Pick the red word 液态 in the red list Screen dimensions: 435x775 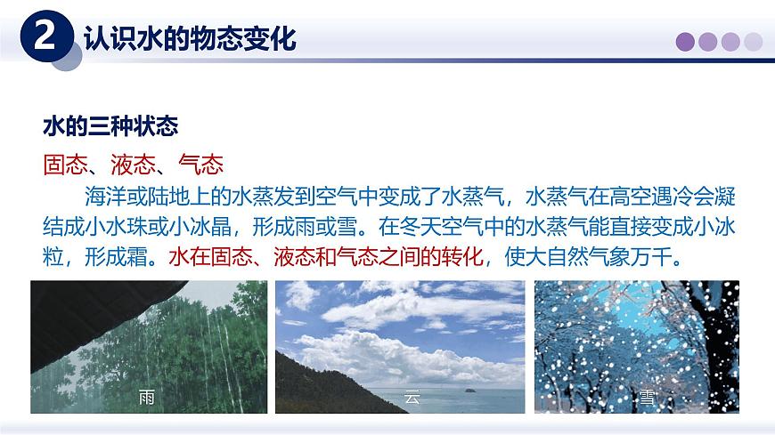[133, 165]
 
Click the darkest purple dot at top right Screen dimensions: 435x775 [688, 41]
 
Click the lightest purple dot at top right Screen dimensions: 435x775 [754, 41]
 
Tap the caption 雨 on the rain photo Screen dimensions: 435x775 [147, 398]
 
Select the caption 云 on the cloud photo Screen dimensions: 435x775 [412, 398]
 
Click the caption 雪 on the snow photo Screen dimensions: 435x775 [646, 398]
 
